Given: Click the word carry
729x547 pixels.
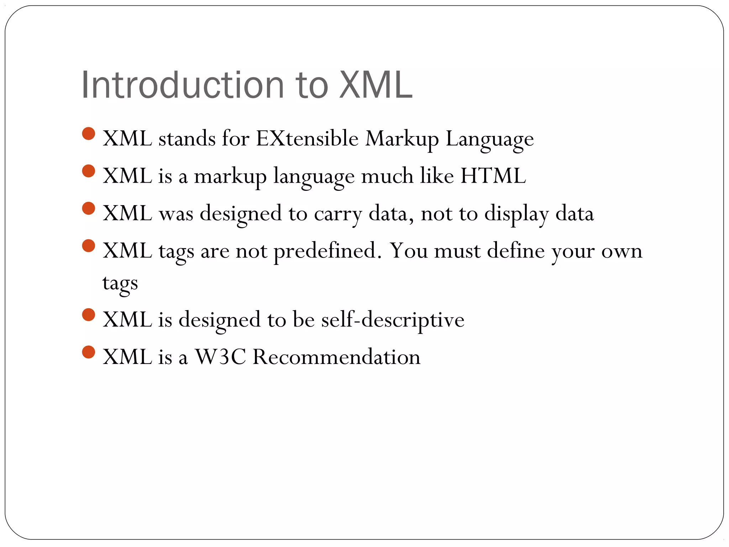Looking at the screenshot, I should pos(338,214).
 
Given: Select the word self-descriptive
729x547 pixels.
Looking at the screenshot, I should pos(393,319).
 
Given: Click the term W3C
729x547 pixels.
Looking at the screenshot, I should pos(220,356).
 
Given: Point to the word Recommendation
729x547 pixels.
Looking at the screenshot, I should pos(336,356).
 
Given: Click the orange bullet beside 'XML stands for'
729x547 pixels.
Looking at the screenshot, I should pos(88,134).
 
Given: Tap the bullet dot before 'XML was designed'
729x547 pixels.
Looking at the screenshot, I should pos(88,209).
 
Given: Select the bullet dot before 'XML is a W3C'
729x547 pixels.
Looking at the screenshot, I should pos(88,352).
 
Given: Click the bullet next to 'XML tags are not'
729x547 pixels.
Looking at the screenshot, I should pos(88,246).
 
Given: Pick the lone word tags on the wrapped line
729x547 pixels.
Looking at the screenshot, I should pos(120,283).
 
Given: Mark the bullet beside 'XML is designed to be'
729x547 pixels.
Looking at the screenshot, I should pos(88,315).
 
